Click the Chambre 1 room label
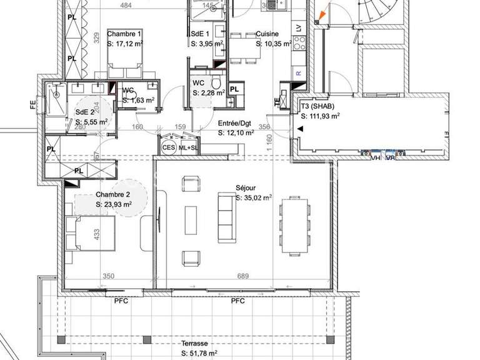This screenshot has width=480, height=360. (124, 34)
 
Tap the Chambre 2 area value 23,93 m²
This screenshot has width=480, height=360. (114, 204)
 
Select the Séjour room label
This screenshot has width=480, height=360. (246, 187)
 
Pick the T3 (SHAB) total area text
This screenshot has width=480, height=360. (320, 116)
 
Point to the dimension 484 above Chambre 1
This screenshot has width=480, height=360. (126, 6)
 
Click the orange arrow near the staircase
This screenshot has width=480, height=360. (322, 14)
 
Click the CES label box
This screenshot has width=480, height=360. (168, 147)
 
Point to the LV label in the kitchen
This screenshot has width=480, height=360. (298, 28)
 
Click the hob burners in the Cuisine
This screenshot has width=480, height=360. (299, 43)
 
